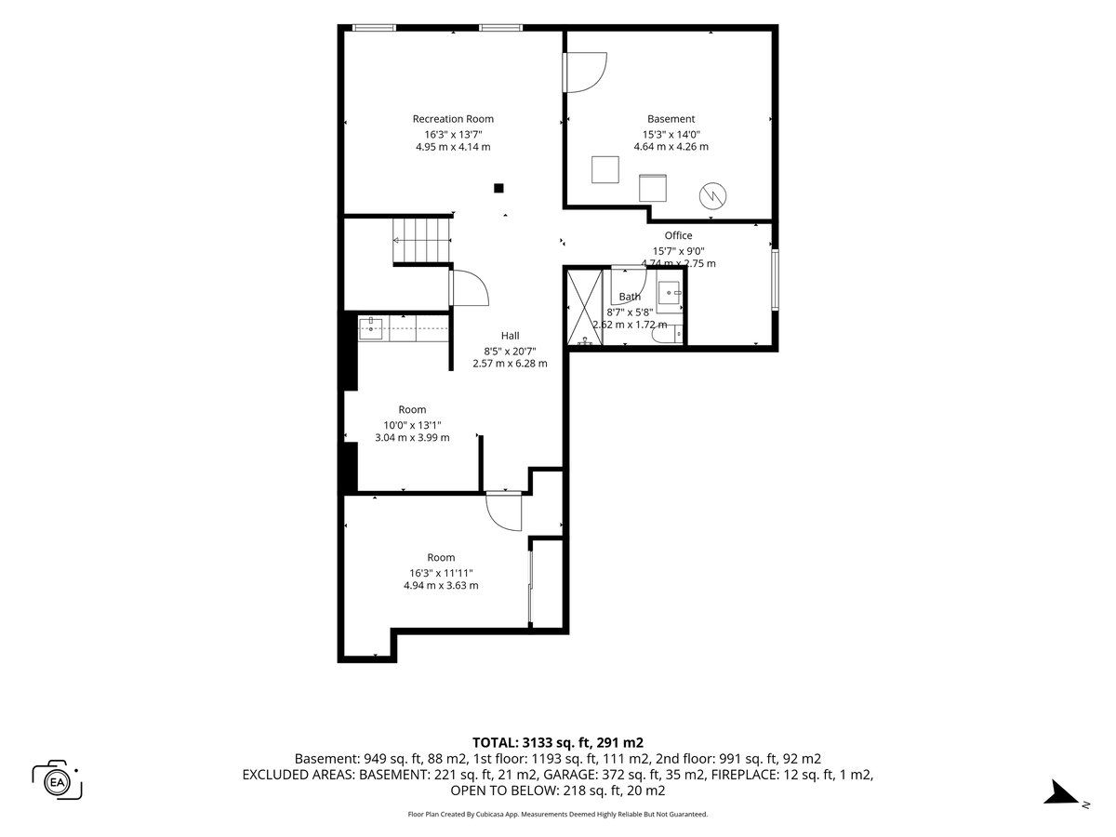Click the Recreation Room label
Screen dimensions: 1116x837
click(x=453, y=119)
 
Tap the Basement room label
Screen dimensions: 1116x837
click(x=671, y=119)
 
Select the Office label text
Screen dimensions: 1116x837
click(x=678, y=235)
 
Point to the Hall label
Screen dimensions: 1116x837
click(x=510, y=336)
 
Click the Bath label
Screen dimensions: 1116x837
click(x=630, y=297)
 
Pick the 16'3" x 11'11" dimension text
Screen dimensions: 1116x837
click(x=441, y=573)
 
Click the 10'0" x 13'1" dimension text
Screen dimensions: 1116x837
click(x=412, y=425)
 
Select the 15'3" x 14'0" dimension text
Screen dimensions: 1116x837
click(x=671, y=135)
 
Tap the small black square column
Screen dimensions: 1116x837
click(x=498, y=188)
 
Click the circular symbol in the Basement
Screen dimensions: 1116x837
click(x=712, y=195)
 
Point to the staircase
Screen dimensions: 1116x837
click(x=422, y=241)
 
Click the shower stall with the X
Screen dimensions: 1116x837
click(x=584, y=308)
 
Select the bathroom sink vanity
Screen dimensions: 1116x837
click(x=670, y=294)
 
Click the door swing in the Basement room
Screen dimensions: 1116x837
click(x=586, y=73)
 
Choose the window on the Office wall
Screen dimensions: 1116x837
click(x=775, y=280)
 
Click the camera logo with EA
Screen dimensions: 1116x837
click(x=57, y=780)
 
